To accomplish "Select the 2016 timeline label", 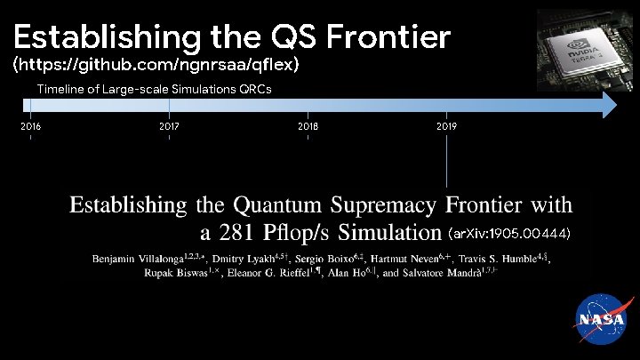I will pyautogui.click(x=30, y=126).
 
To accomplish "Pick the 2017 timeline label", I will pyautogui.click(x=169, y=126).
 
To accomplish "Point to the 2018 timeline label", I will pyautogui.click(x=308, y=126).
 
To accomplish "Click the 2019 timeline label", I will pyautogui.click(x=446, y=126).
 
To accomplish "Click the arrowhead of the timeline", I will pyautogui.click(x=608, y=105).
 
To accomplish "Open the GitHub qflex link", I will pyautogui.click(x=156, y=66).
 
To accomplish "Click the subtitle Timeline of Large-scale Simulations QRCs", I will pyautogui.click(x=154, y=89).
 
